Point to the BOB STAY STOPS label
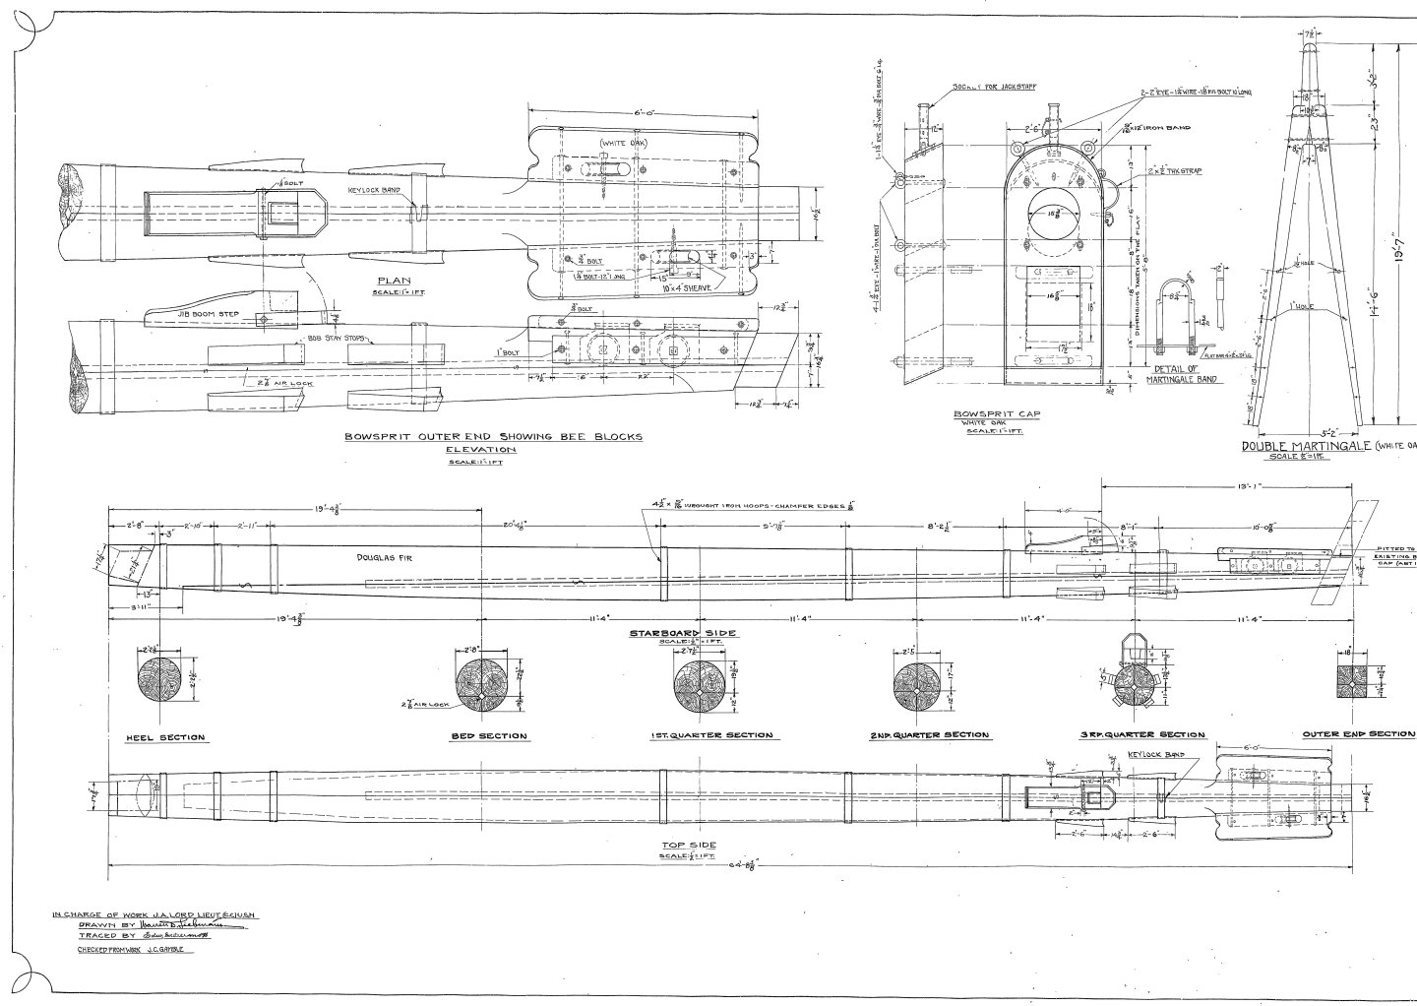click(337, 338)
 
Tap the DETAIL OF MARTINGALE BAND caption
click(1188, 372)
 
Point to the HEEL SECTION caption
click(164, 737)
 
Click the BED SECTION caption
click(489, 736)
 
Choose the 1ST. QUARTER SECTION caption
click(710, 735)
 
